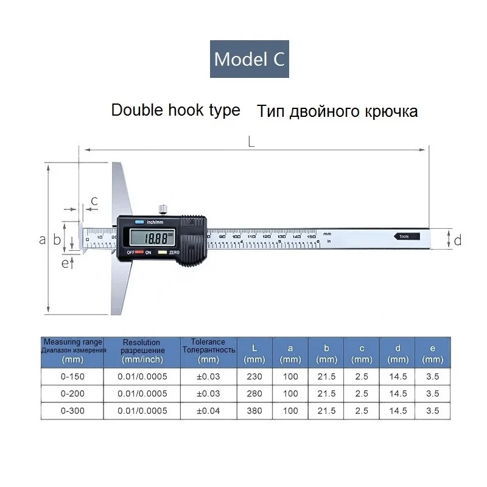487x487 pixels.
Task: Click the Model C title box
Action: point(250,59)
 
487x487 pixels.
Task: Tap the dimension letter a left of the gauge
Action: point(43,239)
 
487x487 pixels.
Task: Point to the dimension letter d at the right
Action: point(458,240)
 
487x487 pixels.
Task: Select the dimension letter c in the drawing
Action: point(94,201)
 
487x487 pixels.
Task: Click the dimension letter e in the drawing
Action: point(65,263)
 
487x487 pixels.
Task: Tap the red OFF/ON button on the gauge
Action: point(140,252)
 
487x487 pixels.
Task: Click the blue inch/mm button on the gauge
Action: point(139,222)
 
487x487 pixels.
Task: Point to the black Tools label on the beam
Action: point(405,236)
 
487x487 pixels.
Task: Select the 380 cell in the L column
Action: point(254,410)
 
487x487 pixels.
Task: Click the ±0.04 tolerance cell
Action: point(208,410)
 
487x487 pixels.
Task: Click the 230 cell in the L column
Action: point(254,376)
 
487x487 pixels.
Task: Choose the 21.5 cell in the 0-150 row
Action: point(326,376)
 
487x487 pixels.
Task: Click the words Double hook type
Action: point(176,111)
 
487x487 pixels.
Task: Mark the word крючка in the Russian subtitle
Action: point(390,112)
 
